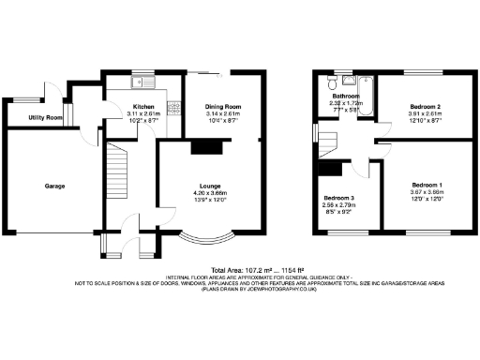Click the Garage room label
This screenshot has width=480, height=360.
54,187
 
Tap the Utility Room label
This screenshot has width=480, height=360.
45,117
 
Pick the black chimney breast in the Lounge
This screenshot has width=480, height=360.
205,146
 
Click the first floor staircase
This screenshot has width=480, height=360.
332,142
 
